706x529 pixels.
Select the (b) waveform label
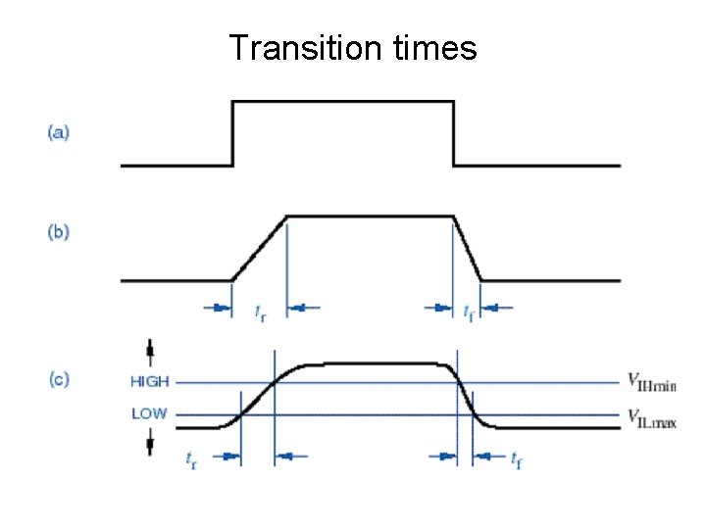pyautogui.click(x=59, y=233)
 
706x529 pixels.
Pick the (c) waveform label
pyautogui.click(x=59, y=379)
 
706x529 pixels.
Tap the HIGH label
pyautogui.click(x=150, y=382)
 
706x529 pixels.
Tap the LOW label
pyautogui.click(x=149, y=413)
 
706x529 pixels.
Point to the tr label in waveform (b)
pyautogui.click(x=259, y=313)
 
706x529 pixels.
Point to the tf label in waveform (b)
pyautogui.click(x=469, y=313)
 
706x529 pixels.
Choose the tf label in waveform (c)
pyautogui.click(x=516, y=457)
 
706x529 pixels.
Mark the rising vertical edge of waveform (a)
pyautogui.click(x=232, y=133)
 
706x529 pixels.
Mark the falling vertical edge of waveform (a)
pyautogui.click(x=454, y=133)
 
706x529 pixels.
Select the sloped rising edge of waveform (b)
pyautogui.click(x=259, y=248)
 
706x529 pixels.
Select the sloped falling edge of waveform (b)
pyautogui.click(x=468, y=248)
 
